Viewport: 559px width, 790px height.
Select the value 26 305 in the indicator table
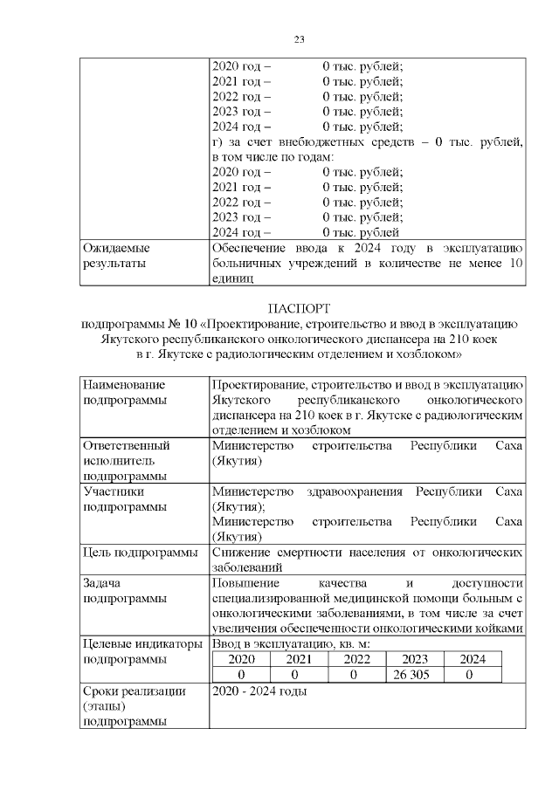[411, 675]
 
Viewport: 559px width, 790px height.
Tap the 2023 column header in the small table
[411, 660]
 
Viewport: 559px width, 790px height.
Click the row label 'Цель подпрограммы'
[140, 552]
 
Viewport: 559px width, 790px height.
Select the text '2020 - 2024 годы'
[259, 691]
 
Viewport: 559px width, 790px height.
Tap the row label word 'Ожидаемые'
[114, 247]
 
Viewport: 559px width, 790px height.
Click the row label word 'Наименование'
[123, 384]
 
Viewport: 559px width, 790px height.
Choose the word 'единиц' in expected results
[232, 278]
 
